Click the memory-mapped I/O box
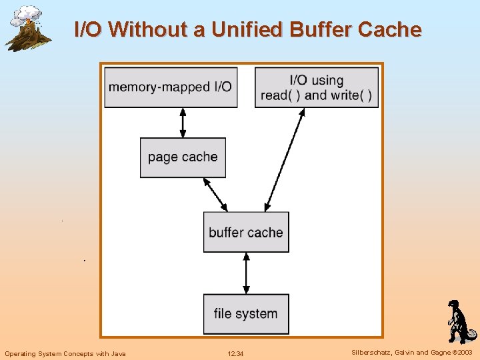point(171,87)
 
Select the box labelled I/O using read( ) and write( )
point(317,87)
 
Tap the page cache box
point(183,157)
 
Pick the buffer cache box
point(246,232)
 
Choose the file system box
point(246,313)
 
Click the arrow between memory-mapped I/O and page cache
point(183,123)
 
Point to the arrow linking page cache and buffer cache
point(215,194)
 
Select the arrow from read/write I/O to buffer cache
point(285,160)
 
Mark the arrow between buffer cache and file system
point(246,273)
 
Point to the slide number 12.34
point(235,353)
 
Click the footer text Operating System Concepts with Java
point(65,353)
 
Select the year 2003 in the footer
point(464,352)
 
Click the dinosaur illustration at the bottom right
point(459,321)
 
